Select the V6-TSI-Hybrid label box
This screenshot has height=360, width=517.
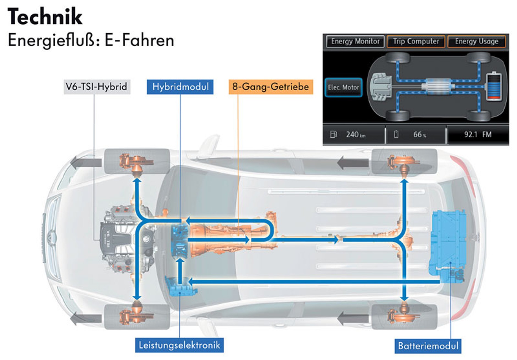click(97, 87)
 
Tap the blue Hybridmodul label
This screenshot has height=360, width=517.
click(180, 87)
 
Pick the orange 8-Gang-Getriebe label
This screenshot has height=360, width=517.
click(271, 87)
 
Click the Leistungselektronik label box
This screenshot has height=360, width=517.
click(179, 345)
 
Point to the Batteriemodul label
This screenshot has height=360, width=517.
click(428, 346)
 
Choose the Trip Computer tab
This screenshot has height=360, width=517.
click(416, 42)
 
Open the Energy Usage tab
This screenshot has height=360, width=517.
click(476, 42)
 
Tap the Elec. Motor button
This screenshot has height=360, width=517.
click(343, 88)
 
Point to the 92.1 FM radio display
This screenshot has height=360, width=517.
click(478, 135)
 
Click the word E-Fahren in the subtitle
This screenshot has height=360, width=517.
click(139, 40)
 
